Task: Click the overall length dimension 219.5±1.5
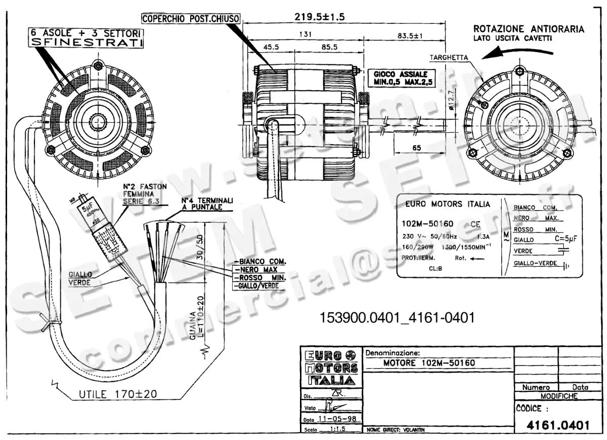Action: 319,17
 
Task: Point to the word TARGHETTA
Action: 449,58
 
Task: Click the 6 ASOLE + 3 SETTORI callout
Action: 85,38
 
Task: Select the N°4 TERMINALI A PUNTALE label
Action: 207,204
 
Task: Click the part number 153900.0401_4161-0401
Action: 398,318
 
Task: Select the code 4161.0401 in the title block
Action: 558,425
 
